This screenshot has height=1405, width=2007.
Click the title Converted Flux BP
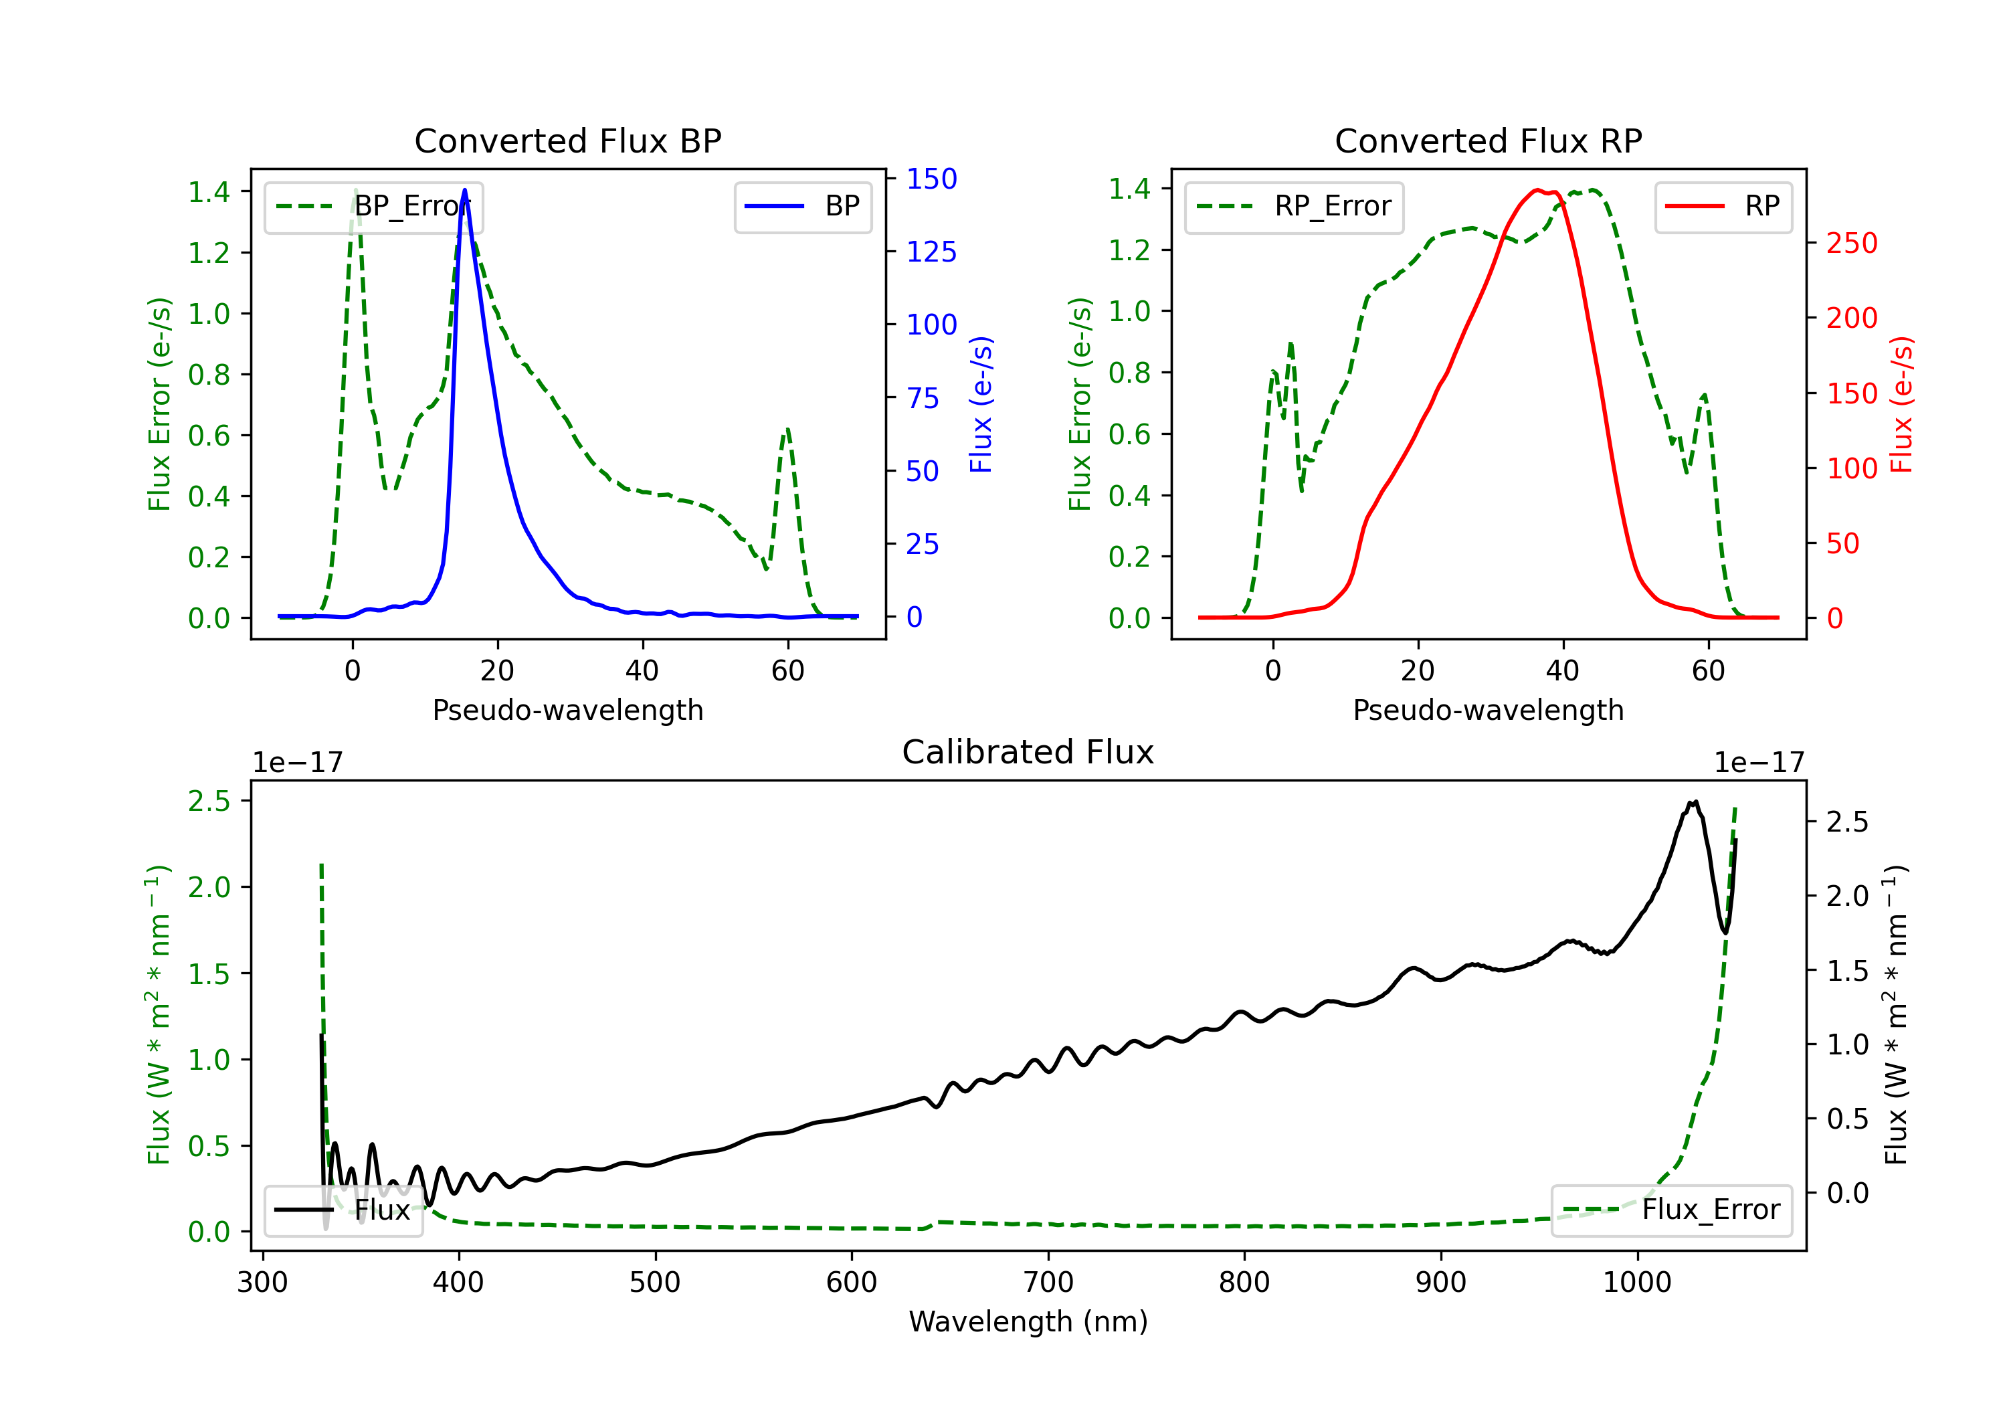(x=568, y=140)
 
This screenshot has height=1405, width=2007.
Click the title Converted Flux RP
(x=1489, y=140)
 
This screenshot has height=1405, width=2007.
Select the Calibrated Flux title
(x=1028, y=752)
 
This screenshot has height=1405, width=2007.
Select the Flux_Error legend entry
(x=1671, y=1210)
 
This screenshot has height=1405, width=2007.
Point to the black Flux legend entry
(x=344, y=1210)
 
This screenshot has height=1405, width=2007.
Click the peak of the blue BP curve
(x=464, y=190)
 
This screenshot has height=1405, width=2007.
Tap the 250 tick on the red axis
(x=1851, y=243)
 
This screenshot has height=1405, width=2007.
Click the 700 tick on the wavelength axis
(x=1048, y=1283)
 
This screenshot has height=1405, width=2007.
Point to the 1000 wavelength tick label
(x=1637, y=1283)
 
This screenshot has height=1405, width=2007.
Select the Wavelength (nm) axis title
(x=1028, y=1321)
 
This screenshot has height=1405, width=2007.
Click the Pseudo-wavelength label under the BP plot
(x=568, y=710)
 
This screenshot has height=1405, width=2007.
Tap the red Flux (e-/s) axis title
(x=1902, y=404)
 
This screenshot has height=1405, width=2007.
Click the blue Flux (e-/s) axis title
(x=981, y=404)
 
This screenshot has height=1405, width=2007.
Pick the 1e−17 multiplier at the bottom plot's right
(x=1759, y=763)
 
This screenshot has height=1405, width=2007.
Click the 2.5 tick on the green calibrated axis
(x=209, y=801)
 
